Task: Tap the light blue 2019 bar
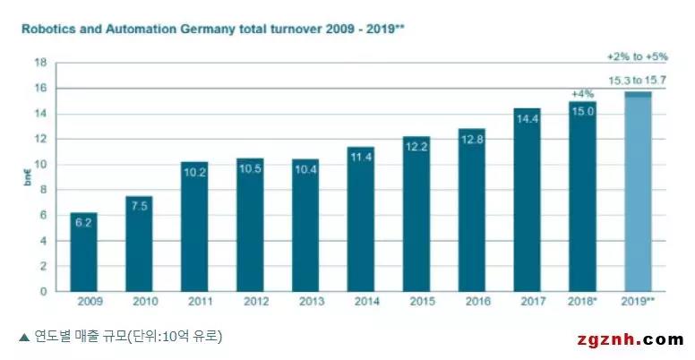(638, 193)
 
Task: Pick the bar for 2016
(471, 210)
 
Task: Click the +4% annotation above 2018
(582, 94)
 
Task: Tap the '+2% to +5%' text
(638, 56)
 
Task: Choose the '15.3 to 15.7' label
(638, 81)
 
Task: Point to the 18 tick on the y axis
(40, 63)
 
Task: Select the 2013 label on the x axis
(305, 303)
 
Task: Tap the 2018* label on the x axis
(583, 303)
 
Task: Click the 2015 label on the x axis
(416, 303)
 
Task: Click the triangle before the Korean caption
(23, 338)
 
